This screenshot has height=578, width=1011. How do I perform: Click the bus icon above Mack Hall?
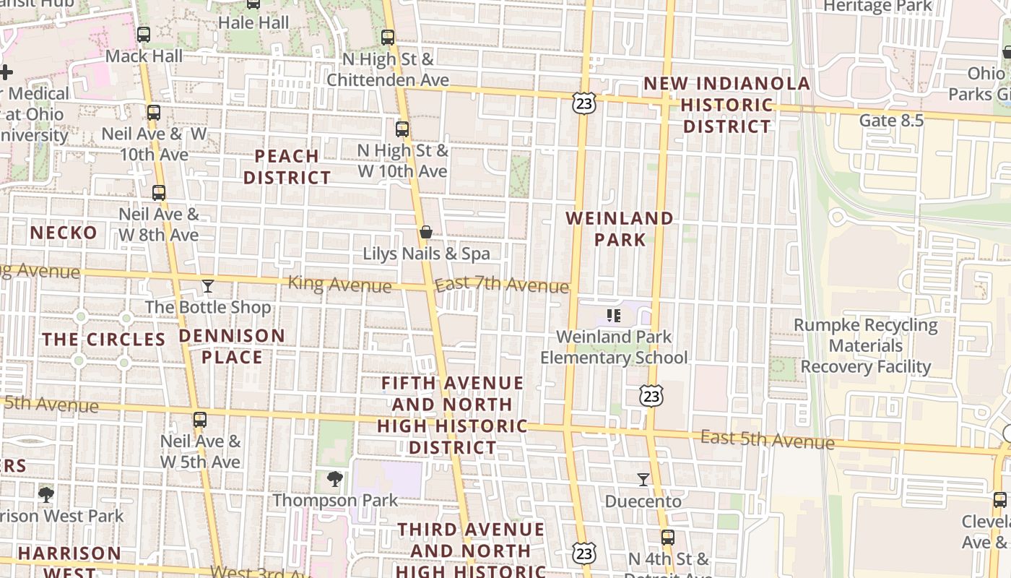[144, 35]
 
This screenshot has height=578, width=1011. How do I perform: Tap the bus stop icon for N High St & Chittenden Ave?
[388, 38]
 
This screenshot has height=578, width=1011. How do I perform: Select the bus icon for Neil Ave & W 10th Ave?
[153, 113]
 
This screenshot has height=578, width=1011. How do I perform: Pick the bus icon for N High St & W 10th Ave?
[402, 130]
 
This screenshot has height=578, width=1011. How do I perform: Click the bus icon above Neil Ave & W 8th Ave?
[159, 193]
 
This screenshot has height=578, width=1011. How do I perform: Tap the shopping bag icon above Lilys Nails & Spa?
[426, 232]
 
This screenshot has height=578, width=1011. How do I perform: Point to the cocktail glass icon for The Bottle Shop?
[208, 286]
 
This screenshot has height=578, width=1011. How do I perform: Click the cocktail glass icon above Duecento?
[643, 479]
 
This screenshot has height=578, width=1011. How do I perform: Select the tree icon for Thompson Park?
[334, 478]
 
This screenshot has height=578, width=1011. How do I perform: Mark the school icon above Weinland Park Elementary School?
[614, 315]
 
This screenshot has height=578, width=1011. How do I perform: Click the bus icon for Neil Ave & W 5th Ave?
[200, 420]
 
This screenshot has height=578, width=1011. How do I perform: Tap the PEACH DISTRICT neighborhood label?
[287, 167]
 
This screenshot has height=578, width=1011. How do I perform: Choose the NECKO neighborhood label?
[64, 233]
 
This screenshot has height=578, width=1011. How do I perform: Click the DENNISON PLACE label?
[232, 346]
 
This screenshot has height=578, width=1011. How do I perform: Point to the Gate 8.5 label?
[891, 121]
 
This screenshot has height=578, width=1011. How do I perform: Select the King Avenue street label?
[339, 284]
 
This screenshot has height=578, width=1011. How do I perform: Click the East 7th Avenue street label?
[502, 285]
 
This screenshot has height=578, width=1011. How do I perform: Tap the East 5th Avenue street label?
[768, 439]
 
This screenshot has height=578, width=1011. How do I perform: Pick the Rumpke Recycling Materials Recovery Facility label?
[866, 346]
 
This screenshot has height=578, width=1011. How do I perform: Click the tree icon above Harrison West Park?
[46, 494]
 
